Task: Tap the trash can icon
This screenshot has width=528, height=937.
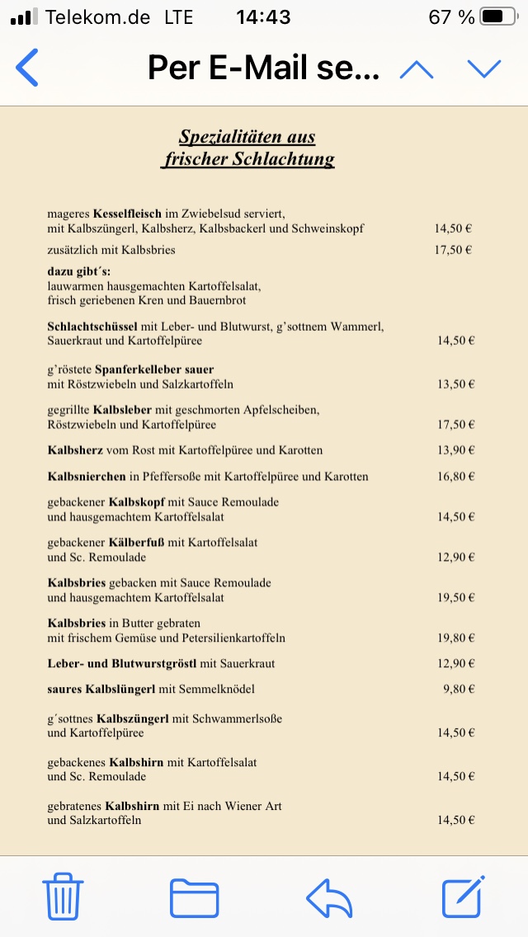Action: [x=61, y=897]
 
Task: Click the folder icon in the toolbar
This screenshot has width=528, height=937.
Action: [x=194, y=898]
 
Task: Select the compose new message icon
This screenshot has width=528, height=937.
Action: [x=462, y=897]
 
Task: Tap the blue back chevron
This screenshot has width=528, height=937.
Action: [x=27, y=68]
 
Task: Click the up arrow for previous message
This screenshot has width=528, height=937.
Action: [x=416, y=69]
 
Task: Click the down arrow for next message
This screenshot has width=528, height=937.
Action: [x=483, y=69]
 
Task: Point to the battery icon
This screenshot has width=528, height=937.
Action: [x=498, y=16]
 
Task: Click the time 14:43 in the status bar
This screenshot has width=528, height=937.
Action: [x=263, y=16]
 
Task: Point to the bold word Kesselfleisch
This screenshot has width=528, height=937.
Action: [x=127, y=213]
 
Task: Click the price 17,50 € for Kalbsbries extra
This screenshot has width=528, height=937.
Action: [x=453, y=250]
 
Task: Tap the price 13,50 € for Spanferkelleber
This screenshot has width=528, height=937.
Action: [x=455, y=384]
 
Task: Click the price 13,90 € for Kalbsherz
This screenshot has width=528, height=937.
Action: [x=455, y=450]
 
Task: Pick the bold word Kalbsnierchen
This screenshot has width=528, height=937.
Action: [x=86, y=477]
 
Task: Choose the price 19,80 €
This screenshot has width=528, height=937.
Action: [x=455, y=638]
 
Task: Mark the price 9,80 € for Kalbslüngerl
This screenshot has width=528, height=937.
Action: [x=458, y=689]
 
